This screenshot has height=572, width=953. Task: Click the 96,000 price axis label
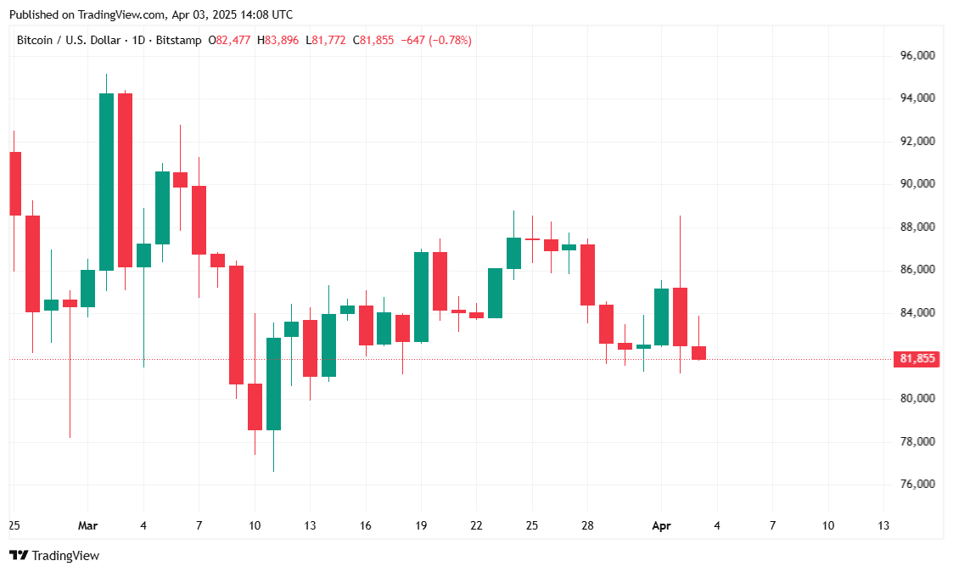pyautogui.click(x=918, y=55)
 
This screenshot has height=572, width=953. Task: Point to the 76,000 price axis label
pyautogui.click(x=918, y=484)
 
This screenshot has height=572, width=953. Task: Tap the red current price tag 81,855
pyautogui.click(x=917, y=359)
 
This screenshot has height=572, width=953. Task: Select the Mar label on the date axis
pyautogui.click(x=87, y=525)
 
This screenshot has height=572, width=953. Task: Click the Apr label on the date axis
pyautogui.click(x=661, y=525)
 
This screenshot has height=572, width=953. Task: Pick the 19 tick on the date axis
pyautogui.click(x=421, y=525)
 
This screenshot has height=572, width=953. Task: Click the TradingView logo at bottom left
pyautogui.click(x=54, y=555)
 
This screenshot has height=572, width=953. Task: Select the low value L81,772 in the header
pyautogui.click(x=328, y=40)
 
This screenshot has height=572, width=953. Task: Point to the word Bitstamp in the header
pyautogui.click(x=180, y=40)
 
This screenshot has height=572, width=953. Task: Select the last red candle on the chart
pyautogui.click(x=698, y=352)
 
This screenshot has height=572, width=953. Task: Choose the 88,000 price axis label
pyautogui.click(x=918, y=227)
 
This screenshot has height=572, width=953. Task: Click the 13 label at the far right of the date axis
pyautogui.click(x=883, y=525)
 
